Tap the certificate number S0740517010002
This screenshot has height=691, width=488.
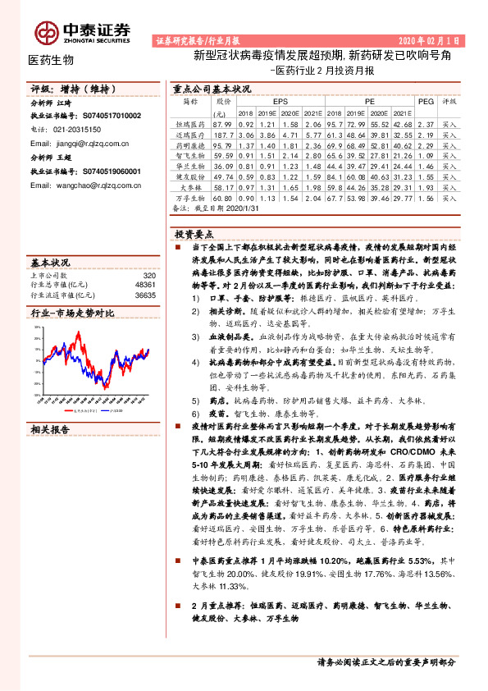[x=101, y=117]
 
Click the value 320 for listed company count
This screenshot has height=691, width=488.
[x=149, y=277]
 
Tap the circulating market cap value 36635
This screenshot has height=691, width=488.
[x=145, y=295]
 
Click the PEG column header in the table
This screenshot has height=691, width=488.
[x=425, y=102]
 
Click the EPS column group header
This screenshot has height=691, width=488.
[x=269, y=102]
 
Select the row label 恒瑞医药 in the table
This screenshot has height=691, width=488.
[x=189, y=123]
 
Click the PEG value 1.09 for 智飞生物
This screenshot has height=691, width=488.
[x=425, y=154]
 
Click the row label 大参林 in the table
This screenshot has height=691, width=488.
[x=189, y=187]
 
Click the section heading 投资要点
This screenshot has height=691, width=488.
[x=194, y=232]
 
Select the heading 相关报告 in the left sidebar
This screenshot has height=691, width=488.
[x=50, y=429]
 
